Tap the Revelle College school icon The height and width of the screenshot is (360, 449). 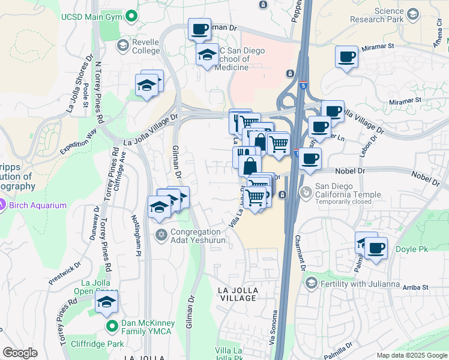coord(122,46)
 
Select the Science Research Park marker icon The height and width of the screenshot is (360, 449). coord(412,13)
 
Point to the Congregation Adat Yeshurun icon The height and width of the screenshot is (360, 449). coord(161,234)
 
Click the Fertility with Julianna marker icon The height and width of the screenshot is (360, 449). coord(311,283)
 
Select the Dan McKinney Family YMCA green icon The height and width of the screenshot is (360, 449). coord(112,326)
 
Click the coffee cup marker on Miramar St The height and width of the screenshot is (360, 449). coord(346,57)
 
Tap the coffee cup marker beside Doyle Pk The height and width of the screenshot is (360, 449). coord(376,247)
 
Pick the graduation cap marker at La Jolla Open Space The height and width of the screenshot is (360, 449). coord(106,302)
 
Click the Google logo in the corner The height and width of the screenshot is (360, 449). coord(20,353)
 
